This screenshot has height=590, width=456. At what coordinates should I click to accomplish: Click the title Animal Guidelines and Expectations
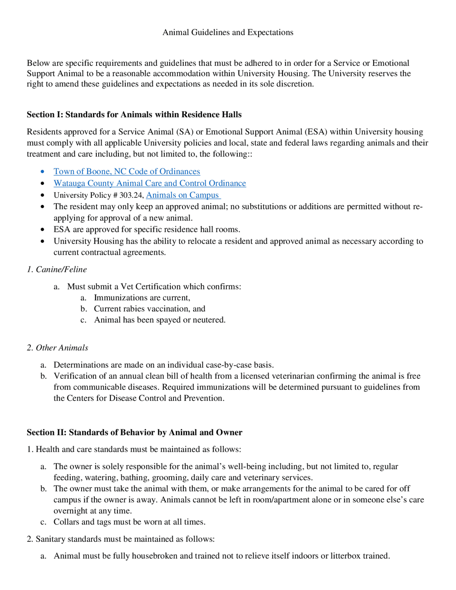pos(228,32)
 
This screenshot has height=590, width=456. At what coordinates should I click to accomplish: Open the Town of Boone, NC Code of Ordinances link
pos(126,171)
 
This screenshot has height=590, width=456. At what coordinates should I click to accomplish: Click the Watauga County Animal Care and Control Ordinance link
pos(150,183)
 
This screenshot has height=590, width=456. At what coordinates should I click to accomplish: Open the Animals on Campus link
pos(183,195)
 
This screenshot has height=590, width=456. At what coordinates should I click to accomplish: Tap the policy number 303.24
pos(131,195)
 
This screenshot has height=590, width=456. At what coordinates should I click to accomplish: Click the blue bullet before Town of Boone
pos(43,172)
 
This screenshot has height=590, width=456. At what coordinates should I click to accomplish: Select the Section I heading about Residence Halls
pos(134,114)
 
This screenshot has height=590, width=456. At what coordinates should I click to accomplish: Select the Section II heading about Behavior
pos(134,432)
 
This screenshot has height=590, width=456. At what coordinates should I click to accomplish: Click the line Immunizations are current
pos(142,297)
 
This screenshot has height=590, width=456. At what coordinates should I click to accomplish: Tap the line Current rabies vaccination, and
pos(149,309)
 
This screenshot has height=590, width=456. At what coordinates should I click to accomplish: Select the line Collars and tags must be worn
pos(129,522)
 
